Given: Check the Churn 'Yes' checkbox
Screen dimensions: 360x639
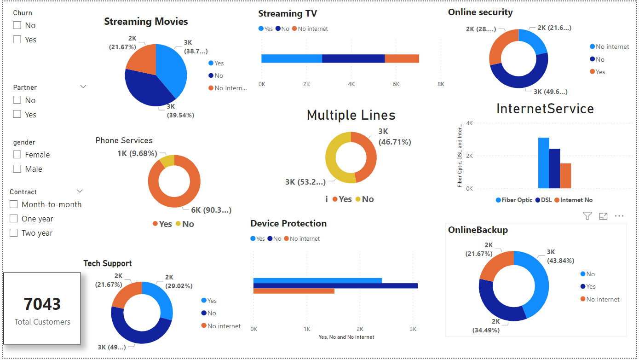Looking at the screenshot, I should click(x=17, y=40).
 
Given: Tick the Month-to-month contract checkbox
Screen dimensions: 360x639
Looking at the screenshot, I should click(x=14, y=204).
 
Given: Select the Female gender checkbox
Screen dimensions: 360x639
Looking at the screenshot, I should click(x=17, y=155).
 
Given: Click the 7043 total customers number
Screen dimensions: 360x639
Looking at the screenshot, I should click(x=42, y=304).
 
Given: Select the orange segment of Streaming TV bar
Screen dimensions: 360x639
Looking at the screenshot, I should click(x=402, y=58).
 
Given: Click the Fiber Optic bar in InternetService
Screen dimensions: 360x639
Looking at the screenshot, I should click(x=543, y=163).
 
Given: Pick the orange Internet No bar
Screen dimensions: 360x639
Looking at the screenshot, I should click(x=565, y=176).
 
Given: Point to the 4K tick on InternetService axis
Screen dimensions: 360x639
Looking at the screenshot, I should click(x=469, y=123).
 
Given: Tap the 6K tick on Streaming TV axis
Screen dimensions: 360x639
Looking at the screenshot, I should click(x=396, y=84).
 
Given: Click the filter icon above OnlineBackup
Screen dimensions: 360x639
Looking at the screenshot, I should click(x=587, y=216).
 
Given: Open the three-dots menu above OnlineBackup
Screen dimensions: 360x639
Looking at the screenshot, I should click(x=619, y=216).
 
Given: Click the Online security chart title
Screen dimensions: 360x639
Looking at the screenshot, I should click(x=480, y=12).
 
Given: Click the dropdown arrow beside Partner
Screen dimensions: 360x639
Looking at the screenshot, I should click(x=83, y=87).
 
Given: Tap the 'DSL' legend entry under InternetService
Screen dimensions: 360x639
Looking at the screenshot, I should click(x=546, y=200).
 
